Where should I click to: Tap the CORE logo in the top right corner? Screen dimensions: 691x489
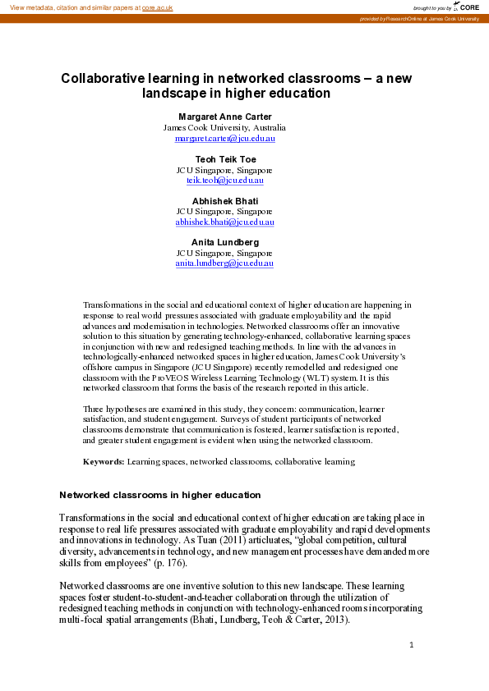[466, 7]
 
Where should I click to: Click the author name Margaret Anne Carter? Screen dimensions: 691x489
[224, 117]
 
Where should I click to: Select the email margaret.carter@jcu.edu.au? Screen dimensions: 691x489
[224, 139]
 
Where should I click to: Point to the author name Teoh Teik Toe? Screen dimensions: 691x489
[224, 158]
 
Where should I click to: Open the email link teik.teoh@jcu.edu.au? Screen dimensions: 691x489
[224, 180]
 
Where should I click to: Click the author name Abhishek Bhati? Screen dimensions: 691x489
[224, 200]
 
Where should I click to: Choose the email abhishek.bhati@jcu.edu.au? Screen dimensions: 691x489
[224, 222]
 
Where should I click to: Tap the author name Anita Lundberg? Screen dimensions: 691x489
[224, 242]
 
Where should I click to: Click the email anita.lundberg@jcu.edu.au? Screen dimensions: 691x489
[224, 263]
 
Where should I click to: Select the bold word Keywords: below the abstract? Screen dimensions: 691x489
[104, 462]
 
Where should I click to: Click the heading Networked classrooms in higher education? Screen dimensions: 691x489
[159, 495]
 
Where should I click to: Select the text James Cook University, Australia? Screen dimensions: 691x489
[224, 128]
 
